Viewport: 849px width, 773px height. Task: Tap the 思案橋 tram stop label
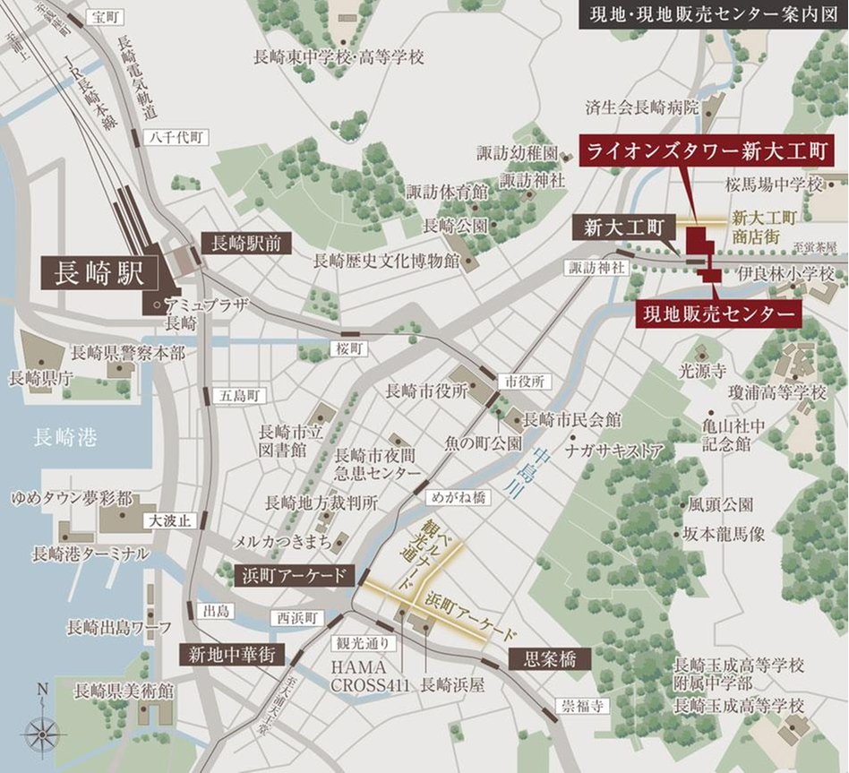tap(550, 659)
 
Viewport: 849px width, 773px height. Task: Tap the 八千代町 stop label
tap(179, 137)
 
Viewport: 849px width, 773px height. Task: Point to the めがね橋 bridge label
tap(456, 494)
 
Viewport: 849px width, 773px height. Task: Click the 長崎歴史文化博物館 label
tap(385, 262)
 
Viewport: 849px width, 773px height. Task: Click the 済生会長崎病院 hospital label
tap(641, 107)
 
